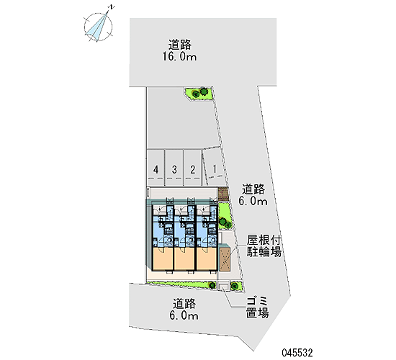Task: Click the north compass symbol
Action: (99, 26)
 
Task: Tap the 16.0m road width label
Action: (179, 56)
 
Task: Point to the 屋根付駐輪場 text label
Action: (264, 246)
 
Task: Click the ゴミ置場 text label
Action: (258, 307)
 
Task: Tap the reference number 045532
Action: (297, 353)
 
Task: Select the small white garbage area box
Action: (223, 287)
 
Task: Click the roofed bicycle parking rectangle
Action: (225, 259)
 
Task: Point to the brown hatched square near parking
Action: (223, 194)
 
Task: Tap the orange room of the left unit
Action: (163, 258)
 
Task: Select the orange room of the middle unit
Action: (185, 258)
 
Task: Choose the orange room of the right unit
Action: (207, 258)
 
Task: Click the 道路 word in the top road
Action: (180, 45)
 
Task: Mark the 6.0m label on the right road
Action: (253, 201)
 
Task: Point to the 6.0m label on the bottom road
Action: (184, 315)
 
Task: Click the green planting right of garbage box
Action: (237, 286)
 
